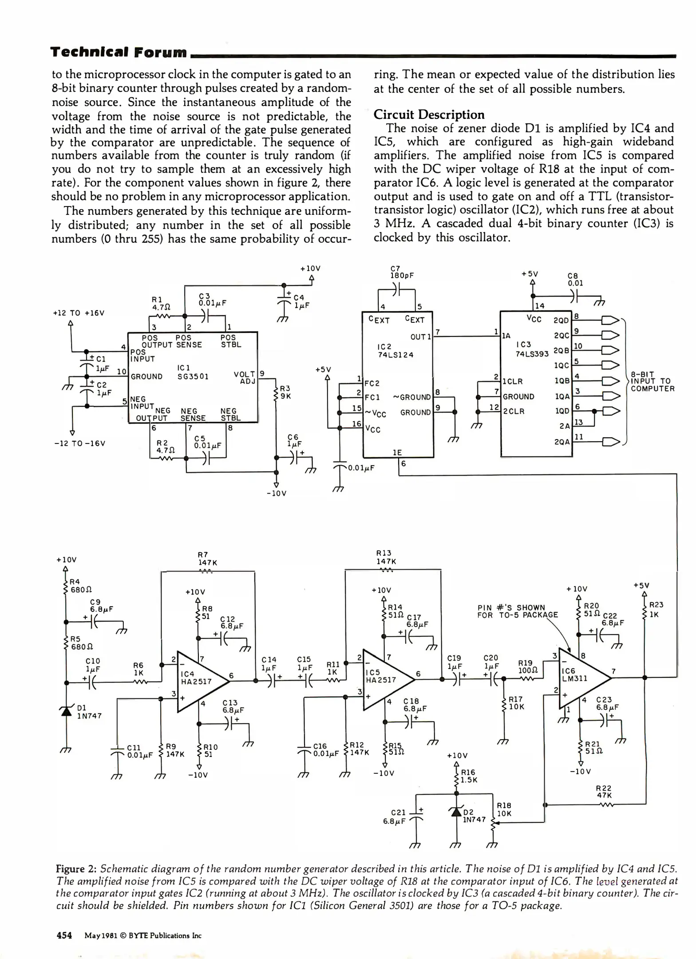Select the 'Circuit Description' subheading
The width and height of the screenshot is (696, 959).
pos(429,115)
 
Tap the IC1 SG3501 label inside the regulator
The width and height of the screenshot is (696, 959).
pos(193,372)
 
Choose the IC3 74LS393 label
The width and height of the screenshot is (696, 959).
pos(532,349)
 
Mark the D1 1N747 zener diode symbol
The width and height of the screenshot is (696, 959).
pos(67,712)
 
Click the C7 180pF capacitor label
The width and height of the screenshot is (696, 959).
pos(402,272)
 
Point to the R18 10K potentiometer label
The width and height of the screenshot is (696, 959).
pos(504,810)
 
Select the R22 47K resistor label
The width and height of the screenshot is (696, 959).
pos(604,792)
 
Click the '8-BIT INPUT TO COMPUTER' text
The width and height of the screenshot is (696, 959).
pos(652,382)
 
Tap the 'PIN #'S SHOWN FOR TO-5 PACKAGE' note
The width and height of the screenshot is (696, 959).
pos(518,611)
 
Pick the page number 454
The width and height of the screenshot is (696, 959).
pos(64,935)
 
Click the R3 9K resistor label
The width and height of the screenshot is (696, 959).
pos(285,392)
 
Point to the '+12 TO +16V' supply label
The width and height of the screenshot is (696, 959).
pos(79,313)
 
